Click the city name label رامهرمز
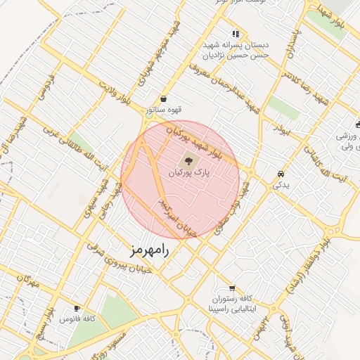coord(150,250)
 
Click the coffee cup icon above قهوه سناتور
coord(164,98)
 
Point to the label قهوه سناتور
coord(164,110)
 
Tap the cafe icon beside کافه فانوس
coord(77,308)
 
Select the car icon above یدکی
coord(281,173)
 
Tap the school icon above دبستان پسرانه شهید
coord(236,33)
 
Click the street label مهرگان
coord(28,282)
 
